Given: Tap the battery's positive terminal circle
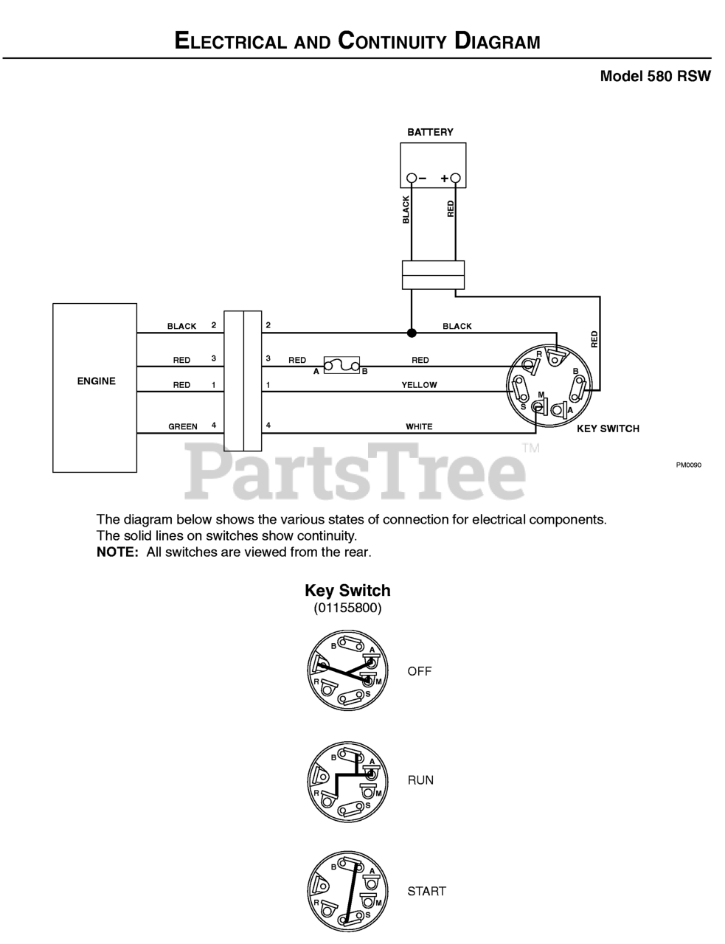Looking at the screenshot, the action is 455,178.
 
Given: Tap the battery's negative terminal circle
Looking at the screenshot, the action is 412,178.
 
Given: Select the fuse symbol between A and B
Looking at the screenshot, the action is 342,365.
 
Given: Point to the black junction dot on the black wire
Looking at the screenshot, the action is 412,333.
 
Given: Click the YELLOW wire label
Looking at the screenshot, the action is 419,385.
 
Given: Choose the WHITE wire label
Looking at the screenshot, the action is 419,426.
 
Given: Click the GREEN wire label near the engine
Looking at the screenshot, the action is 183,426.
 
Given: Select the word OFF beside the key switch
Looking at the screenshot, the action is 420,671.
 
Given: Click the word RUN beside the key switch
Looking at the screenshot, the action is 420,780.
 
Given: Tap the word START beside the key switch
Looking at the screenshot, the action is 426,892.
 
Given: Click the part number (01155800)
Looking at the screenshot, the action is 347,608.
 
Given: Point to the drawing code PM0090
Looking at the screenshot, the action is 689,465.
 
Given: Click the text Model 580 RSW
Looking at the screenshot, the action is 656,77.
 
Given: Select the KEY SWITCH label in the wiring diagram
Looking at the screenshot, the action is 608,428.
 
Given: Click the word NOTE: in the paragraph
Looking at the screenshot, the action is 117,552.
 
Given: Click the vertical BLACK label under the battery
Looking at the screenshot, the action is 406,210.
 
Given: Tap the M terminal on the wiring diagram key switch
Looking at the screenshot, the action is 538,407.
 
